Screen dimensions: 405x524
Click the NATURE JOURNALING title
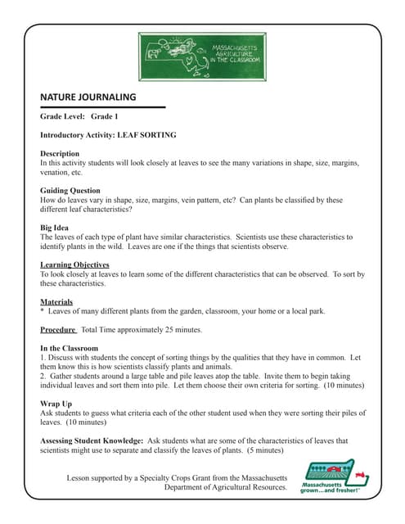pos(88,97)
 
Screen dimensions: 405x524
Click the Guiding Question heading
pos(70,190)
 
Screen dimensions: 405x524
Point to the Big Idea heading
pos(55,228)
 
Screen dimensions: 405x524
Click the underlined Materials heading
pos(56,301)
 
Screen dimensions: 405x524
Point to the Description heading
pos(60,153)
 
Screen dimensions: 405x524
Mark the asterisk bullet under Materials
pos(42,312)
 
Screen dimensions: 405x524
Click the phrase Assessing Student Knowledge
pos(92,440)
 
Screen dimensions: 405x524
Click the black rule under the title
pos(102,107)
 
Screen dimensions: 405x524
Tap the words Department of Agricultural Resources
pos(225,487)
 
